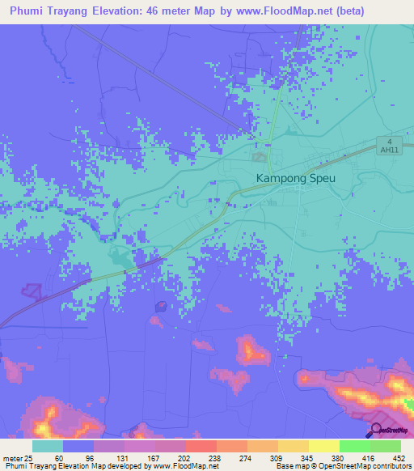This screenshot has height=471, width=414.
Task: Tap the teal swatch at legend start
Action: pos(48,446)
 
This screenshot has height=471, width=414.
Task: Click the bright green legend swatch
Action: pos(354,446)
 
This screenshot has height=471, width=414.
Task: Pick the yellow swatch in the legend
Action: pos(323,446)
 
